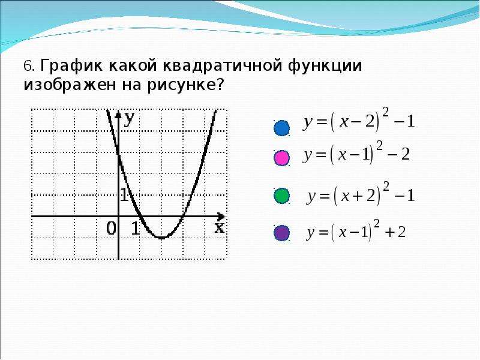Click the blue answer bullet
(x=281, y=128)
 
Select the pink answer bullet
(x=281, y=158)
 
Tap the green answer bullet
(x=281, y=196)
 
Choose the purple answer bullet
(x=281, y=233)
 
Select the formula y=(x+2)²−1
(x=361, y=194)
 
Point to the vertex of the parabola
(x=161, y=238)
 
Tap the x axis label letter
(x=219, y=228)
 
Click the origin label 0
(x=111, y=229)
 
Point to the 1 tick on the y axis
(x=124, y=194)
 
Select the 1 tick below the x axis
(x=136, y=229)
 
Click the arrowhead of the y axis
(x=118, y=115)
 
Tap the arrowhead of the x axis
(x=221, y=217)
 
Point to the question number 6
(x=28, y=65)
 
